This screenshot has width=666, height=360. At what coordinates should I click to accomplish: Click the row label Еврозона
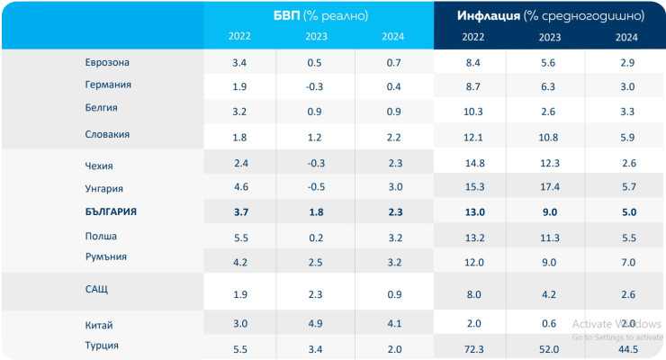click(x=107, y=63)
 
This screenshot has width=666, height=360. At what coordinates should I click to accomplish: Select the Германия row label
click(x=107, y=85)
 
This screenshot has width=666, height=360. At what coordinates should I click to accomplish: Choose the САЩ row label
click(x=96, y=290)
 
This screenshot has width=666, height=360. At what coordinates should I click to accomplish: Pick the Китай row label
click(x=98, y=325)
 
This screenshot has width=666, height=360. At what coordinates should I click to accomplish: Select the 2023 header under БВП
click(x=316, y=37)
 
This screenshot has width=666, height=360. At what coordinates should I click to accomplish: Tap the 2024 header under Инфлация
click(x=626, y=37)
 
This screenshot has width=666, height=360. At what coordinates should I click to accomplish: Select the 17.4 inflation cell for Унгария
click(x=550, y=187)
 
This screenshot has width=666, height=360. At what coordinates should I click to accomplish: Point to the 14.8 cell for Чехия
click(x=473, y=164)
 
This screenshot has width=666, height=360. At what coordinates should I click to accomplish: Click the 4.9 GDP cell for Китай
click(x=316, y=325)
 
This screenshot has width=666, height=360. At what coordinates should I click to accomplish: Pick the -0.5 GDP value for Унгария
click(x=316, y=187)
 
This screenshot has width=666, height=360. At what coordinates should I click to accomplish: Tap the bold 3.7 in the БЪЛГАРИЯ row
click(x=239, y=212)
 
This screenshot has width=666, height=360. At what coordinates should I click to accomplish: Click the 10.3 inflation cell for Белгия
click(x=473, y=111)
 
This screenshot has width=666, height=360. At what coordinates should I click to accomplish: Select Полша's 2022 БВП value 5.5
click(x=239, y=238)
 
